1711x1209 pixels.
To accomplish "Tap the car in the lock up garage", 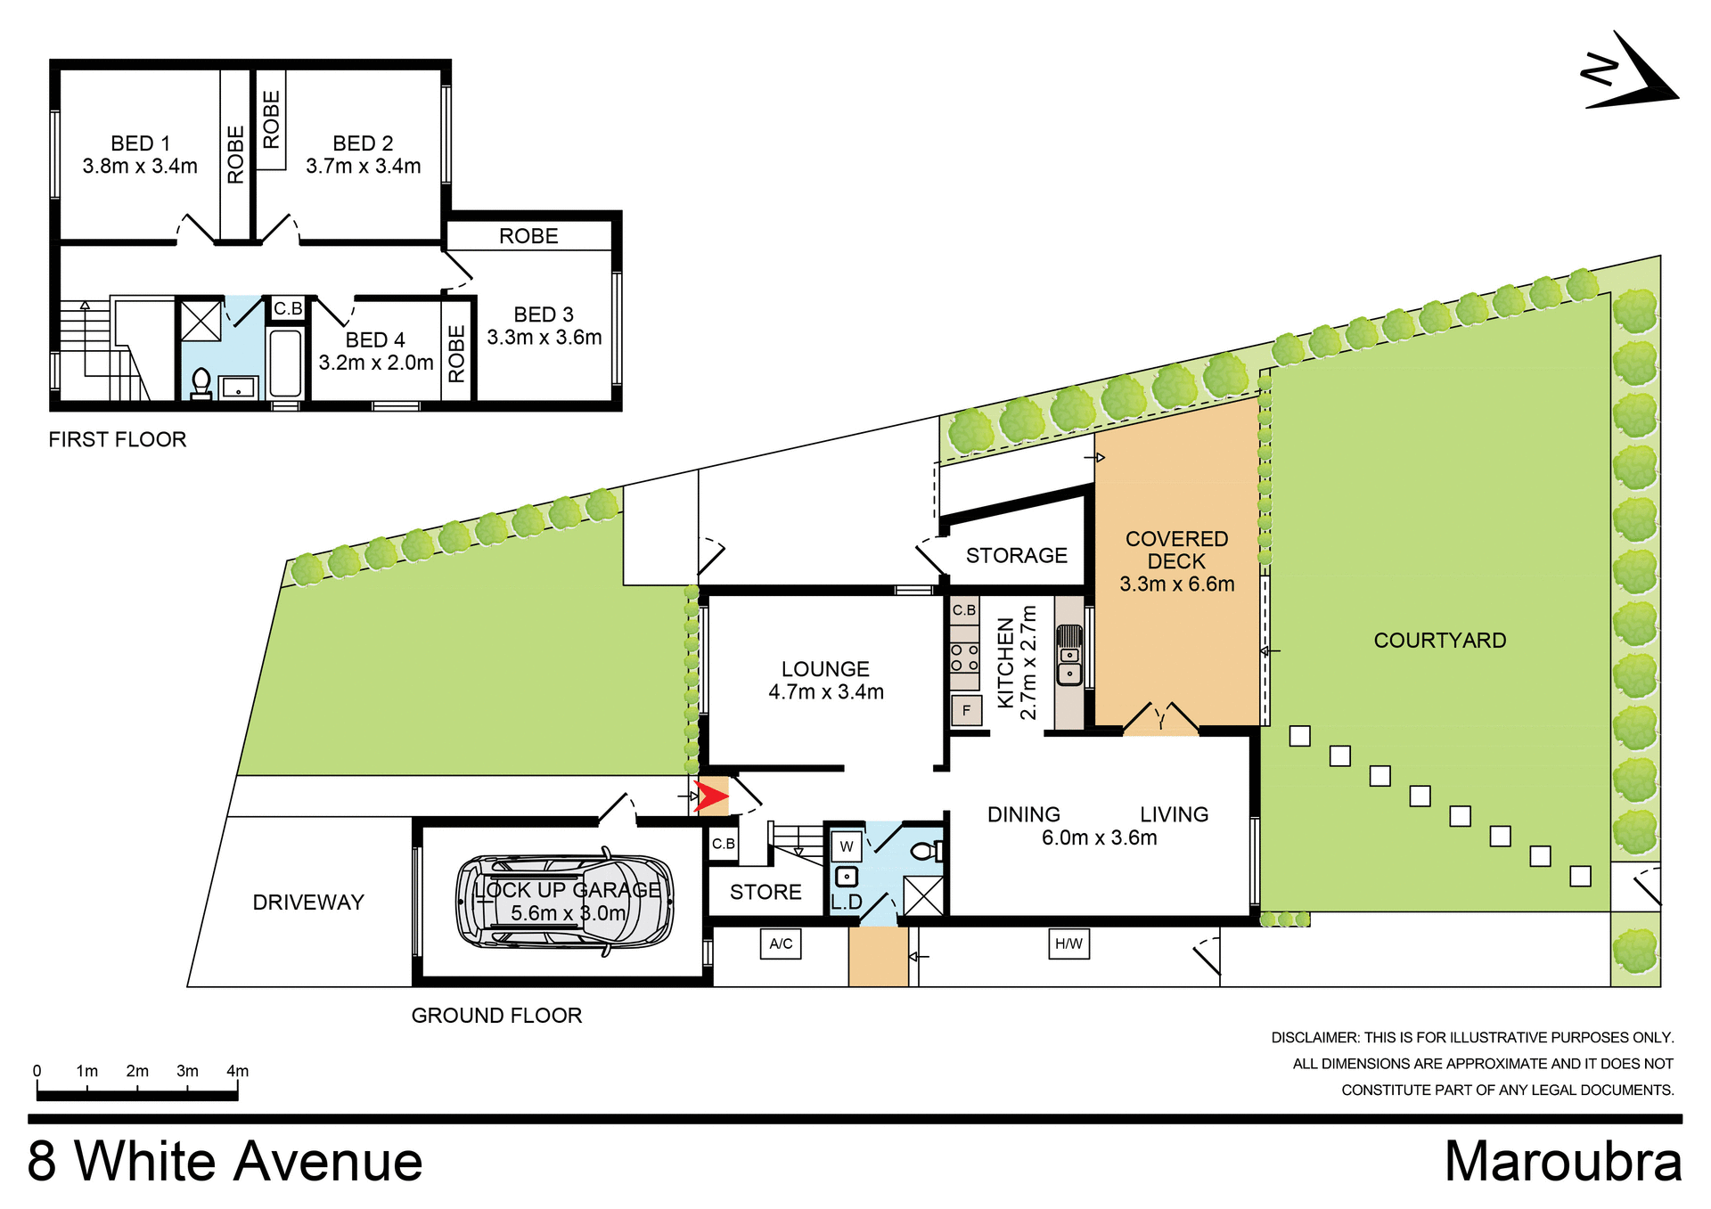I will click(564, 902).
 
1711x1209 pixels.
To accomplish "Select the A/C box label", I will click(781, 944).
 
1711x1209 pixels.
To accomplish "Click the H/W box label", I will click(1068, 944).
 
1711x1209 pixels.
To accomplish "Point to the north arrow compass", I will click(1629, 75).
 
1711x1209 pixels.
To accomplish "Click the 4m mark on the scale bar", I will click(237, 1072).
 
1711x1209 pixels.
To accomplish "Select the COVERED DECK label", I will click(1176, 551).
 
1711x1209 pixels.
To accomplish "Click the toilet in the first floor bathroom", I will click(201, 383).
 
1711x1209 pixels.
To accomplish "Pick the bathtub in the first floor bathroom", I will click(285, 364).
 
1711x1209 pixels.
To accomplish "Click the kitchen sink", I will click(1069, 656).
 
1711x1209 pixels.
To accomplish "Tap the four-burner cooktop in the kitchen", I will click(964, 658).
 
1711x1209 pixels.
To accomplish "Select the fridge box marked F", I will click(966, 711).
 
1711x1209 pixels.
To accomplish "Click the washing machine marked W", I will click(847, 846).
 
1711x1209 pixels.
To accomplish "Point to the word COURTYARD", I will click(1439, 641).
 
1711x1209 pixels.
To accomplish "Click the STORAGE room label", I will click(1016, 556).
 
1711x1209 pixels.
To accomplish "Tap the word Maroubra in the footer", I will click(1562, 1162).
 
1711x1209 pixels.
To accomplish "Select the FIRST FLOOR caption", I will click(118, 439).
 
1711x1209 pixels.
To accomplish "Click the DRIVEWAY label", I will click(308, 903).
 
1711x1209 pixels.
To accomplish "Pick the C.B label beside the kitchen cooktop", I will click(963, 610).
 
